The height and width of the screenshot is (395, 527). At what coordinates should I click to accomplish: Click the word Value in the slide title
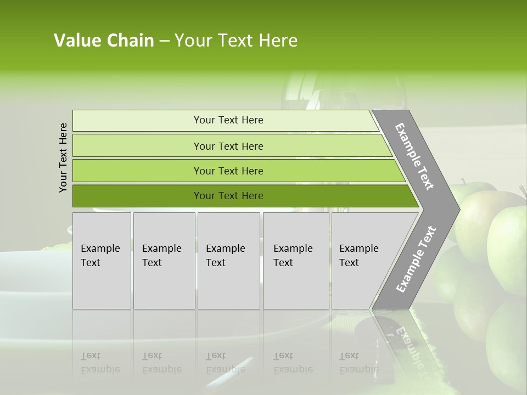(77, 41)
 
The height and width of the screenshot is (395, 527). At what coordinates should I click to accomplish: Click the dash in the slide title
(164, 41)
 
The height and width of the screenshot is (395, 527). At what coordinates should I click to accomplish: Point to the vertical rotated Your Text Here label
(63, 157)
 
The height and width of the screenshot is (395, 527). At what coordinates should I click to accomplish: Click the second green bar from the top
(228, 146)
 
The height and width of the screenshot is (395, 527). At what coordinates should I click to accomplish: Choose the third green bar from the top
(228, 171)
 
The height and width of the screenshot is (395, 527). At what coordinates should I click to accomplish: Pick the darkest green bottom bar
(228, 196)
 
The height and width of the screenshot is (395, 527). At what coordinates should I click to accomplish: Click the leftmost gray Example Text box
(102, 261)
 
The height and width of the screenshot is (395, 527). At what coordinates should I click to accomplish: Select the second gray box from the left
(164, 261)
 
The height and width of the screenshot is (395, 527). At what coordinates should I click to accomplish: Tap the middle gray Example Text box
(228, 261)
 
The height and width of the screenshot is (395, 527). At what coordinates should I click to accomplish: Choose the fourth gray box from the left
(296, 261)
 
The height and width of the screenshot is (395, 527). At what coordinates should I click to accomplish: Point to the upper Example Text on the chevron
(414, 156)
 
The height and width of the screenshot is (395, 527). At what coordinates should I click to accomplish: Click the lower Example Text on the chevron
(416, 259)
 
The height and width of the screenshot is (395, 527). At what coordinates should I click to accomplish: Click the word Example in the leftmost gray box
(100, 249)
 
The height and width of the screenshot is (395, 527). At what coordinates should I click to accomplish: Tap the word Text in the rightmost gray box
(349, 263)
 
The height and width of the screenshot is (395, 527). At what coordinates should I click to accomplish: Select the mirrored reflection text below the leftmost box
(100, 363)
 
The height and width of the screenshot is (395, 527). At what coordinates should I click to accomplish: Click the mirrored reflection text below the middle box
(225, 363)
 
